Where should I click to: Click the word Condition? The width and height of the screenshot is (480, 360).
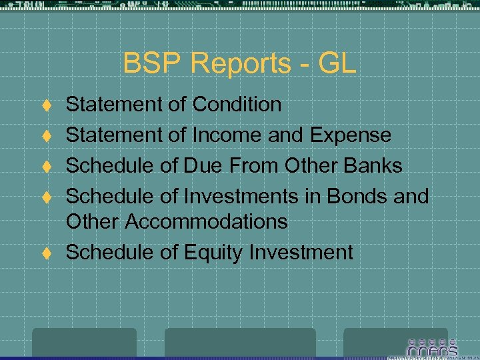237,105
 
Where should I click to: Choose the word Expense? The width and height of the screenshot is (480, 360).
351,135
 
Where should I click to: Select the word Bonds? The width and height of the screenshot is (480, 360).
351,196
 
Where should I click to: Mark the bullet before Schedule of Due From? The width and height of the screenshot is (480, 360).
47,167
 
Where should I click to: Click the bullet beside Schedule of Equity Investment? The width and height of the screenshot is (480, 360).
47,253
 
